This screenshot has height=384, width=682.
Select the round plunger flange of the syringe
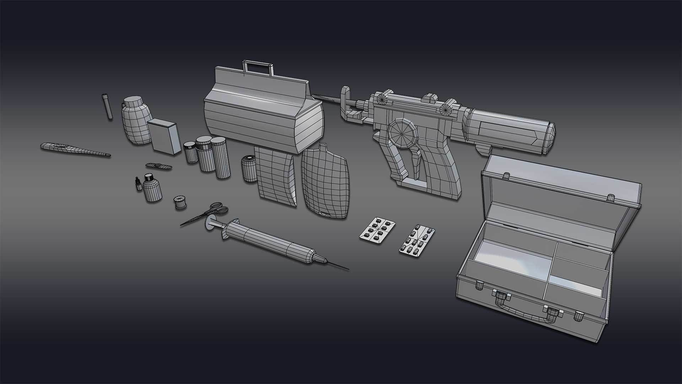[x=209, y=223]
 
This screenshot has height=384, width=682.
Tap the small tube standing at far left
[x=107, y=107]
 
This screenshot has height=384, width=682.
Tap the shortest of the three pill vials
[x=190, y=152]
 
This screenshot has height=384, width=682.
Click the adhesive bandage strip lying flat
[x=159, y=166]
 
